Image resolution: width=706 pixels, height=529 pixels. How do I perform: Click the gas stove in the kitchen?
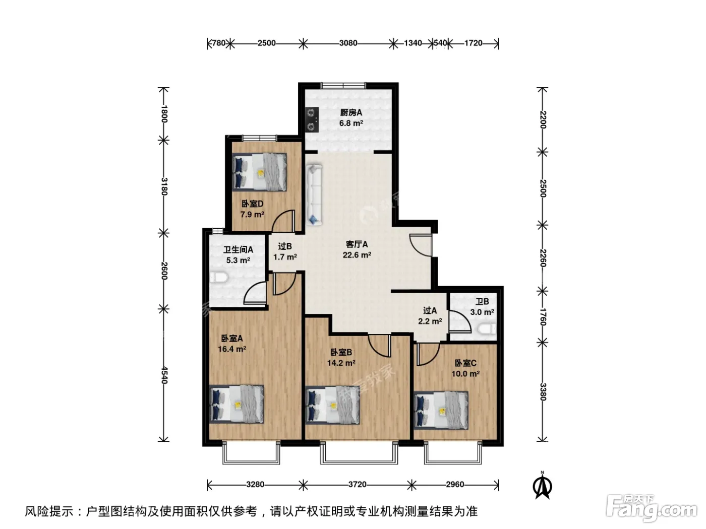(312, 119)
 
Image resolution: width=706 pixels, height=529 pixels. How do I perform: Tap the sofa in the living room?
(314, 194)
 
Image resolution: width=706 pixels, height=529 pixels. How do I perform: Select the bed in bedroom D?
(259, 172)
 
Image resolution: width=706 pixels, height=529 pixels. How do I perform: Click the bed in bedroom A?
(237, 405)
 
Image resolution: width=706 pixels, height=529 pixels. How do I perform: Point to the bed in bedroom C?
(441, 411)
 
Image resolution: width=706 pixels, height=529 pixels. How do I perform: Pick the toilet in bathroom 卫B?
(487, 329)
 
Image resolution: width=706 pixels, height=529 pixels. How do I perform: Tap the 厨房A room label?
(351, 112)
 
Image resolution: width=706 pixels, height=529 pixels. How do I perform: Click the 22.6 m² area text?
(357, 255)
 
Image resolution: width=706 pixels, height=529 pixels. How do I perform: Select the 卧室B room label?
(341, 352)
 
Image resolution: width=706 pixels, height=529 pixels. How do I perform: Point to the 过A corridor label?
(430, 310)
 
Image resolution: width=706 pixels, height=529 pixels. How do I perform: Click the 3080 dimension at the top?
(348, 43)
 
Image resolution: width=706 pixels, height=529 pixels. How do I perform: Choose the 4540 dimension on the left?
(164, 375)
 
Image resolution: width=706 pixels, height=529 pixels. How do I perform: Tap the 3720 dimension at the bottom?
(357, 484)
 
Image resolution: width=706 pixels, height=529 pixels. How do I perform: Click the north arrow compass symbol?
(542, 485)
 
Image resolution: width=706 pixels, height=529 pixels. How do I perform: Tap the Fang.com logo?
(652, 508)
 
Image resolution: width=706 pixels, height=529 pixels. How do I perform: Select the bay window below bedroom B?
(359, 453)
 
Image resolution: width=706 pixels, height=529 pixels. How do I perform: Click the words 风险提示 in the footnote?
(49, 511)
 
